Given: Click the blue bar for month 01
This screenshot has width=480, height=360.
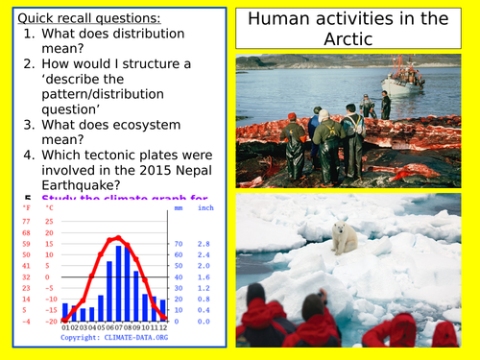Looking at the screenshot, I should click(65, 312).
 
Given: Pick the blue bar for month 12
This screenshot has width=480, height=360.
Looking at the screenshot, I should click(163, 309).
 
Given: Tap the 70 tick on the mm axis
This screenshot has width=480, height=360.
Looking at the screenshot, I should click(178, 245).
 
